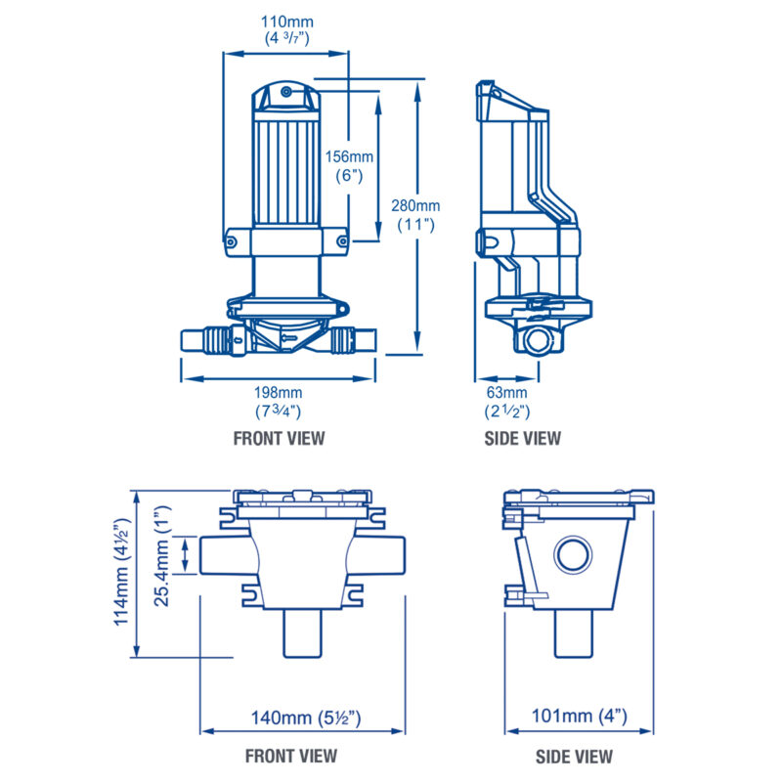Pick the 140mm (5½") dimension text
pos(303,718)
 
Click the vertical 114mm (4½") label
pos(124,572)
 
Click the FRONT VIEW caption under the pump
pos(279,438)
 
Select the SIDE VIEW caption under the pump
pos(523,438)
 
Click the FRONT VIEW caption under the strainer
pos(290,756)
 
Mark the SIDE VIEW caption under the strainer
pos(575,756)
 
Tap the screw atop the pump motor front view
pos(284,92)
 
